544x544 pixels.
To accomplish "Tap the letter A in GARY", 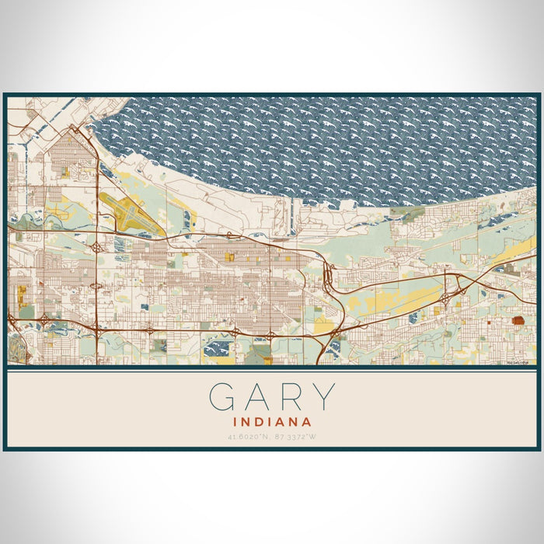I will (x=259, y=397).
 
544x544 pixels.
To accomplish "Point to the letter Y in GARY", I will (x=322, y=397).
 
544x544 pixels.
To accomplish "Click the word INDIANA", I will (x=272, y=422).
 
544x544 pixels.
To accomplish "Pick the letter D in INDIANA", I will (x=260, y=422).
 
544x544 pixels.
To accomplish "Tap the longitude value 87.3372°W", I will (x=295, y=437).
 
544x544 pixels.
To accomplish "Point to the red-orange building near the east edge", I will (x=518, y=320).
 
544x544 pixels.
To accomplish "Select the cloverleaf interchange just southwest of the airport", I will (x=96, y=247).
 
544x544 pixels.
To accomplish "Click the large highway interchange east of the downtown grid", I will (x=330, y=276).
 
